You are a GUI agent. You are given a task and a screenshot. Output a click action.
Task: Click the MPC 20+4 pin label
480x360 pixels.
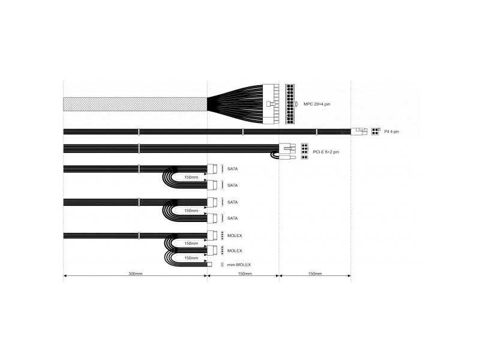[x=317, y=104]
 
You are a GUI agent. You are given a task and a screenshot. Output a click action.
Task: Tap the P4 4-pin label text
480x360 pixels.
[x=392, y=131]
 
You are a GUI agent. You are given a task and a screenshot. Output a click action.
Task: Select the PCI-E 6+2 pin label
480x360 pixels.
[x=326, y=152]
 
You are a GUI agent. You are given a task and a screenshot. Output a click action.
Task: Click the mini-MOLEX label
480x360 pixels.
[x=239, y=265]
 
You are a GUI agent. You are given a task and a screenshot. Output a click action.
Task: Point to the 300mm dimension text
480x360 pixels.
[x=135, y=274]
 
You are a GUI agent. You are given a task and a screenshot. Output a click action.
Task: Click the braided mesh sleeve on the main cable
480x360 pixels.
[x=135, y=104]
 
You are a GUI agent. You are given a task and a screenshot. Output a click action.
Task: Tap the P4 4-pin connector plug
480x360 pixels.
[x=359, y=131]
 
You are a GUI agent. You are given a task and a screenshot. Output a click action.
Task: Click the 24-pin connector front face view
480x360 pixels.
[x=290, y=104]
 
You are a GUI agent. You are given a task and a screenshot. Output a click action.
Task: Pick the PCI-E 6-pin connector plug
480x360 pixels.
[x=287, y=149]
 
